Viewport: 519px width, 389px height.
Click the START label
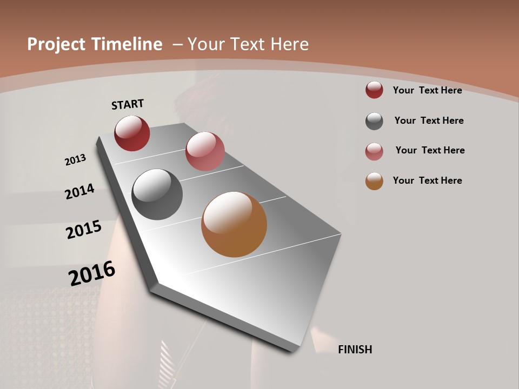click(128, 104)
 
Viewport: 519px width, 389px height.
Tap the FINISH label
click(355, 350)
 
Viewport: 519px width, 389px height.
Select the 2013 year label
click(75, 160)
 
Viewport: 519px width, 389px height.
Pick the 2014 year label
click(79, 192)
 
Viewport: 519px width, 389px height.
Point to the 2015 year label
click(84, 230)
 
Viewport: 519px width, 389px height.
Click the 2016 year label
click(92, 273)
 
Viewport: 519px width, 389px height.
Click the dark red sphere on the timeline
click(132, 133)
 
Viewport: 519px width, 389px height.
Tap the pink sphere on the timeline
click(205, 151)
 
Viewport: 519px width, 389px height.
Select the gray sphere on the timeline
click(157, 194)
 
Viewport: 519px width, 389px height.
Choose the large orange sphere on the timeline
click(234, 224)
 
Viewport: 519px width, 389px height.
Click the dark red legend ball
click(374, 90)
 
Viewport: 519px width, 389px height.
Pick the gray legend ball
click(374, 121)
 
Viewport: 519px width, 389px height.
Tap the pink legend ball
click(374, 151)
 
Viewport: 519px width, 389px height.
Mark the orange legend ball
click(374, 181)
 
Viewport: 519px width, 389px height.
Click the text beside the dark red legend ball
click(427, 90)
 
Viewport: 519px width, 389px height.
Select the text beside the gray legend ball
click(429, 120)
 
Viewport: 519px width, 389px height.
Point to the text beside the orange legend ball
click(427, 180)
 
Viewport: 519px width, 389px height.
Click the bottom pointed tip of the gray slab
click(292, 350)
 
